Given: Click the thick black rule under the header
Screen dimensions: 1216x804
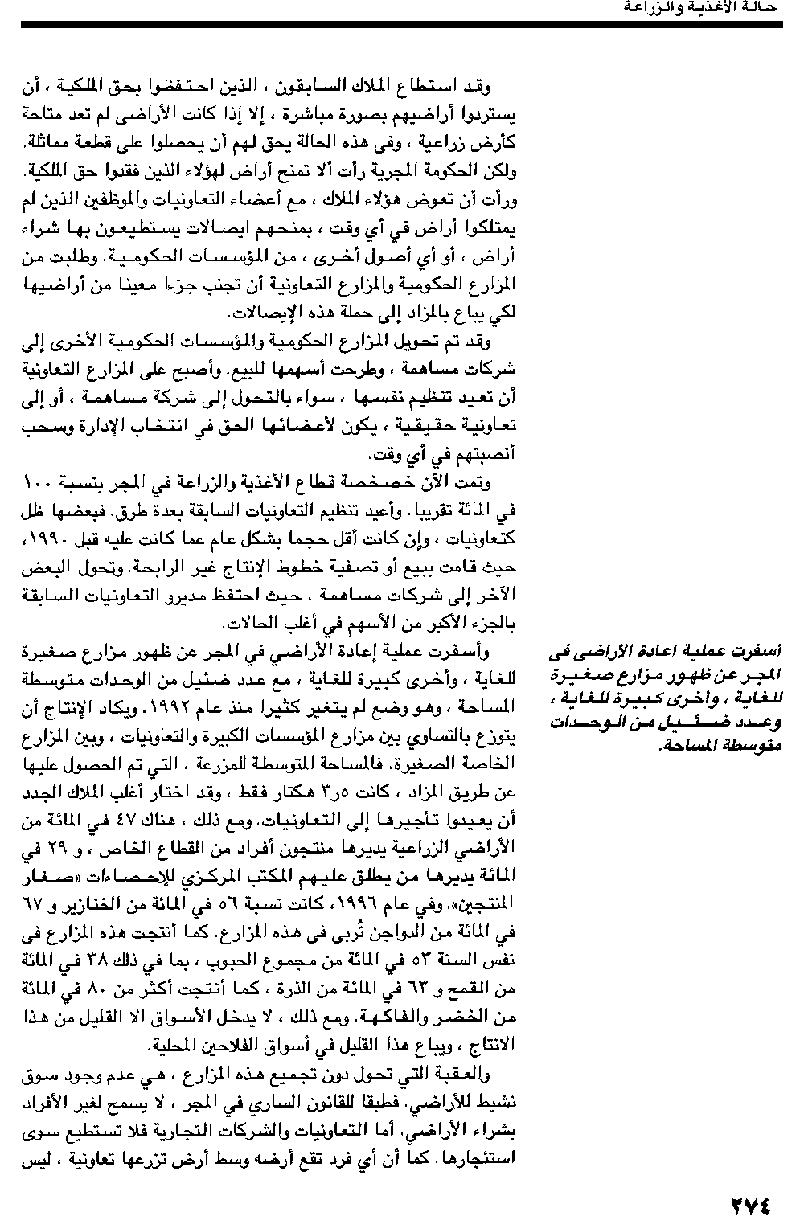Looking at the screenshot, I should point(402,26).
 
